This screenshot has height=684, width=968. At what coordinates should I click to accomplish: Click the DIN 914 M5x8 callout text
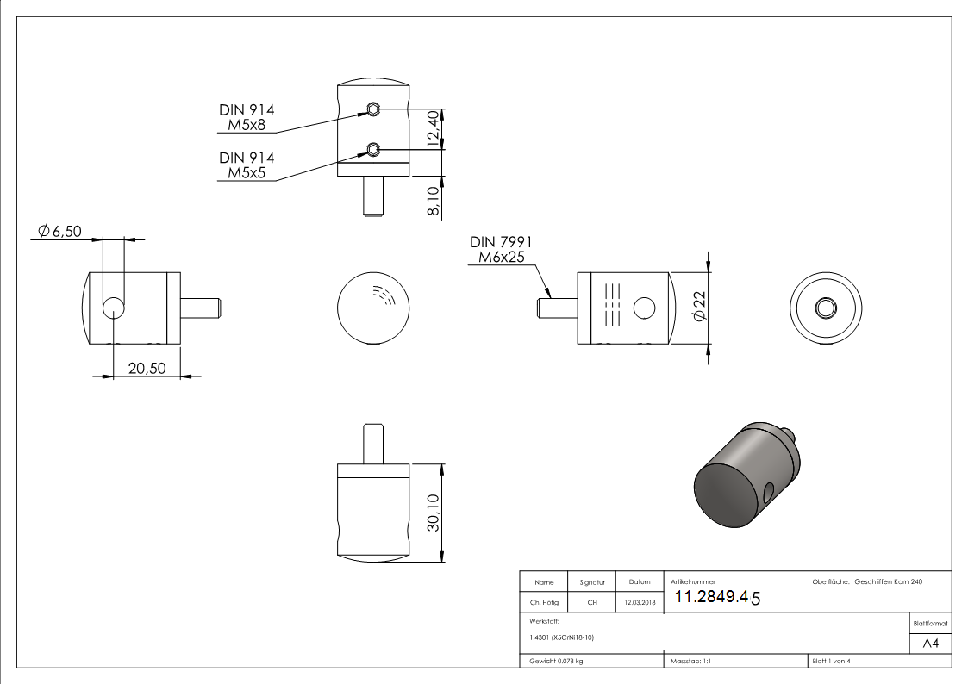click(x=246, y=117)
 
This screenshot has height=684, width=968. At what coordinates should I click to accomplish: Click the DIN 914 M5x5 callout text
click(x=246, y=165)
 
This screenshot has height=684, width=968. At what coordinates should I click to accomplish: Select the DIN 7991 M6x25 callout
click(x=500, y=250)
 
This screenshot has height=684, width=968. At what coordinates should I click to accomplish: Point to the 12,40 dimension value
click(x=433, y=130)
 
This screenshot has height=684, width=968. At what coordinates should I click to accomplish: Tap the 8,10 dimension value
click(x=433, y=197)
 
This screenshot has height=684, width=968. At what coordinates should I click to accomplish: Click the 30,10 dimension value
click(x=433, y=513)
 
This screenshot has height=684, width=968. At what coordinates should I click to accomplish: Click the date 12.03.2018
click(x=639, y=603)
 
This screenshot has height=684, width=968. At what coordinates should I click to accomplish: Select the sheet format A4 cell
click(x=930, y=644)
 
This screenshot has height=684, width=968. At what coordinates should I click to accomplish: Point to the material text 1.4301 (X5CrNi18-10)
click(x=561, y=637)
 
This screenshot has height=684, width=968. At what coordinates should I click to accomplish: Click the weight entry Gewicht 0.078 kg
click(x=556, y=661)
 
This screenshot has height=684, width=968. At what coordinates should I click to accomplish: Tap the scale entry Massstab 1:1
click(x=690, y=661)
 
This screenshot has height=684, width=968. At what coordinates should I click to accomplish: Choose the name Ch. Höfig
click(x=543, y=603)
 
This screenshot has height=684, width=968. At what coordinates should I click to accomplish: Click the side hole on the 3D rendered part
click(x=768, y=491)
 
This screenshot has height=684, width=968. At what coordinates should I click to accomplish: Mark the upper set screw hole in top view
click(x=372, y=109)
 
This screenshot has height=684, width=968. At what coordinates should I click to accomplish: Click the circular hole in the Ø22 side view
click(x=644, y=308)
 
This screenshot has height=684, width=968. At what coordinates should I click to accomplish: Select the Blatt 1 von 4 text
click(x=831, y=661)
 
